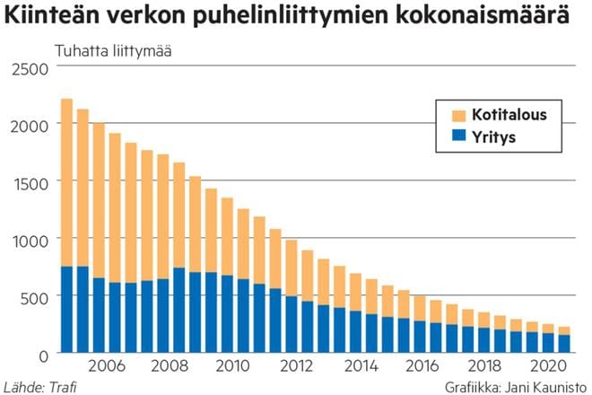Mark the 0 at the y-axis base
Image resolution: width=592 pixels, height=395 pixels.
(40, 354)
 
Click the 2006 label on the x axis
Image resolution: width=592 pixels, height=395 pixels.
(106, 366)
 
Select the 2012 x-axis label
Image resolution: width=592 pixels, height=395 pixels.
(295, 366)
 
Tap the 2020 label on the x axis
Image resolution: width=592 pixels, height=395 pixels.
(546, 366)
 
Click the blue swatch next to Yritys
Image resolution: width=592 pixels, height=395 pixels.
(458, 136)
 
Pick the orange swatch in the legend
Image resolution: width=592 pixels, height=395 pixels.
(458, 115)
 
